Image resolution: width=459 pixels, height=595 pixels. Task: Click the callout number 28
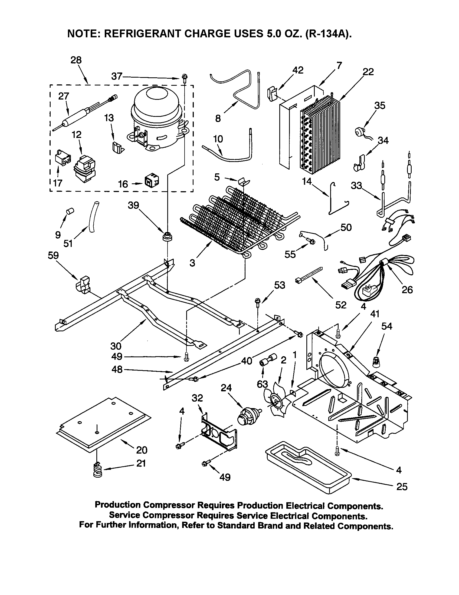click(x=76, y=60)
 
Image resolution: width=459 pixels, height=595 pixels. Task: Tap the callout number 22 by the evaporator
click(x=368, y=72)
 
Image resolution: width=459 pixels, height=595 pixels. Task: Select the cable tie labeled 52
click(x=309, y=274)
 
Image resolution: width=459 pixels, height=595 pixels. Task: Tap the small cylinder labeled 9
click(x=71, y=211)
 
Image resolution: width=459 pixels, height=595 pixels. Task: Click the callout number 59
click(x=53, y=255)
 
